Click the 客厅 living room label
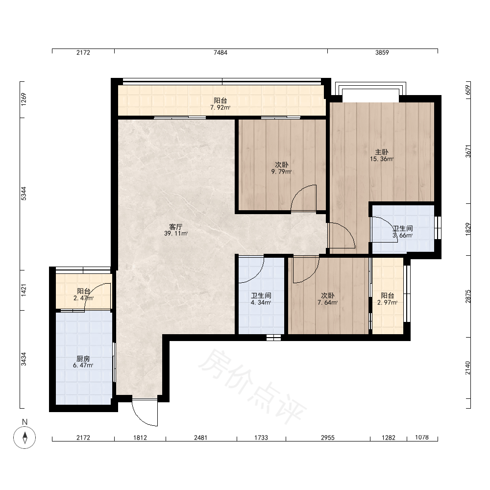175,226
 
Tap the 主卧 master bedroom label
382,152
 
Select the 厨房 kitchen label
83,359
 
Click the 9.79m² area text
281,171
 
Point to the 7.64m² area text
327,302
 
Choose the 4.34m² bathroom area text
261,302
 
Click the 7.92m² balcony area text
220,108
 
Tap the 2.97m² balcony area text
388,302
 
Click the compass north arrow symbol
24,437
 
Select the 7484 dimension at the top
220,52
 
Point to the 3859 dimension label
382,52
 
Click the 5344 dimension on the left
24,194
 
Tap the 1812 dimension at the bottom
140,438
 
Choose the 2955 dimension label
327,438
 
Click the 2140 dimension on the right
467,368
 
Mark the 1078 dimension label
421,437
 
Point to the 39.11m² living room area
176,233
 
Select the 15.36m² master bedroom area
382,159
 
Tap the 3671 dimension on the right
468,151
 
